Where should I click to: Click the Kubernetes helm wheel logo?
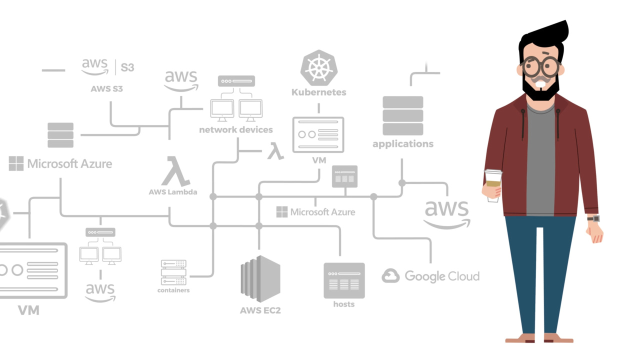coord(319,68)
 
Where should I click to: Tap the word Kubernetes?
coord(319,92)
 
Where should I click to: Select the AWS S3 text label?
coord(106,89)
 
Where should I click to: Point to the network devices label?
coord(236,130)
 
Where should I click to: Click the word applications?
coord(403,144)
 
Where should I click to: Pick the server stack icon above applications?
coord(403,115)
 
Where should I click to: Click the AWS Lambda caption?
coord(173,192)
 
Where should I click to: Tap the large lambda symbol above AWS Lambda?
coord(175,171)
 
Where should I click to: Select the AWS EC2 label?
coord(260,310)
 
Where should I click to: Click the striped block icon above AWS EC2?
coord(260,278)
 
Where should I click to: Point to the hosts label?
coord(344,304)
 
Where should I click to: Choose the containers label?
coord(173,290)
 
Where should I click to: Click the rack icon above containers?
coord(173,272)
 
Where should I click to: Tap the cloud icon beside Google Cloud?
coord(390,276)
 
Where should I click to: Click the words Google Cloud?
coord(442,276)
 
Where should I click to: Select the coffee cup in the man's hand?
coord(493,184)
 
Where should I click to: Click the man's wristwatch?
coord(593,218)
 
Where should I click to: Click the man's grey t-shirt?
coord(540,160)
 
